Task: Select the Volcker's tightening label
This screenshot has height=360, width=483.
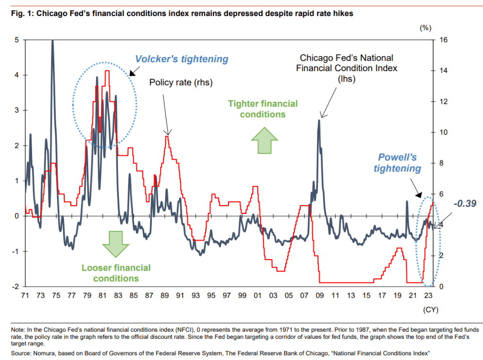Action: click(x=182, y=59)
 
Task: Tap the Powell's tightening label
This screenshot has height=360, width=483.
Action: click(x=398, y=163)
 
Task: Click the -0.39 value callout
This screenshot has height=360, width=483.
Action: click(x=465, y=204)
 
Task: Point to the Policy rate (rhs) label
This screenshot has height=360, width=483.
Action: click(x=181, y=83)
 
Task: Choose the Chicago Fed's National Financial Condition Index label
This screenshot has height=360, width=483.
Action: click(x=347, y=68)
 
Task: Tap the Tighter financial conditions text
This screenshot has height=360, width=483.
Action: click(x=263, y=109)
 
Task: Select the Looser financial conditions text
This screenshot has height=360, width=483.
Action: click(x=116, y=273)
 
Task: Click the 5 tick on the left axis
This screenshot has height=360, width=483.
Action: click(x=17, y=40)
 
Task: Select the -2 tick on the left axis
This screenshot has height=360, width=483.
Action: click(x=16, y=286)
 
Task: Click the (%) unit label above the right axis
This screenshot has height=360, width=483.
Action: click(x=425, y=28)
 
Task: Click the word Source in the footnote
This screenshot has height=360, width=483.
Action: click(x=22, y=353)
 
